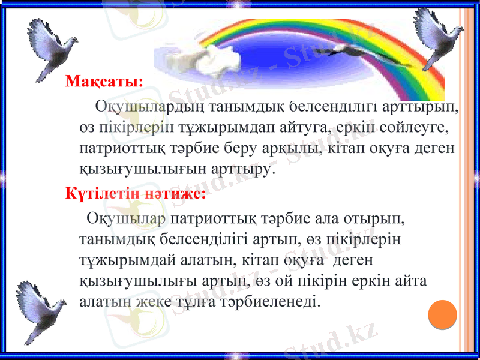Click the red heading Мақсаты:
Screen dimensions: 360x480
pos(104,81)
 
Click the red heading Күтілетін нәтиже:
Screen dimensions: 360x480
pos(136,193)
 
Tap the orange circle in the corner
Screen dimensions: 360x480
pos(443,313)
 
